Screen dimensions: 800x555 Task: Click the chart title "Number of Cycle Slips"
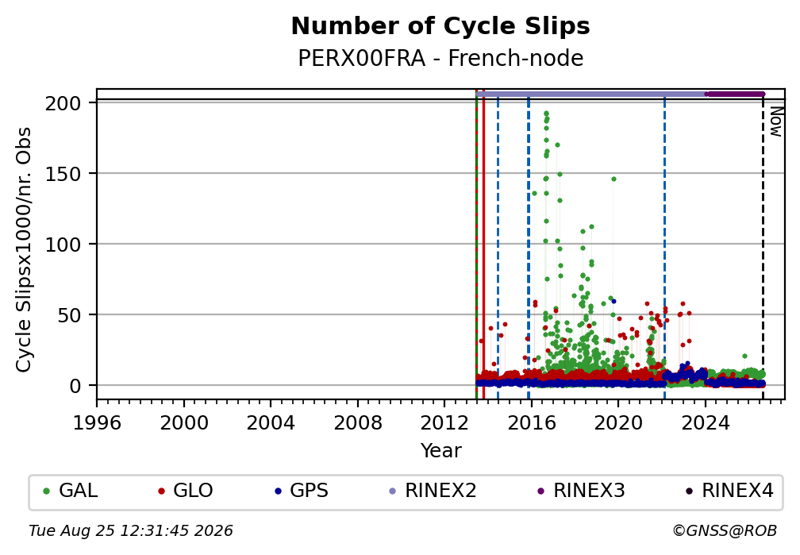[x=440, y=26]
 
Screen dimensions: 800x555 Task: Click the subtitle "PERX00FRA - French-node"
[x=440, y=58]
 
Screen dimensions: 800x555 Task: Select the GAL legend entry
[x=71, y=491]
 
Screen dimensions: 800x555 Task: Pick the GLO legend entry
[x=186, y=491]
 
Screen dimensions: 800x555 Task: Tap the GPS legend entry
[x=302, y=491]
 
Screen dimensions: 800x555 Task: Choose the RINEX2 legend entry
[x=433, y=491]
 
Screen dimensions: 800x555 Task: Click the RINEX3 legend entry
[x=581, y=491]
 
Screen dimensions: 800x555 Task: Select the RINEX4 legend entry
[x=729, y=491]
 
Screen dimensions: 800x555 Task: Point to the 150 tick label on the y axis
[x=63, y=174]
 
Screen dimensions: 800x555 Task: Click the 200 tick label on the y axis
[x=63, y=104]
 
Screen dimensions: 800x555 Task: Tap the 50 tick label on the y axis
[x=69, y=315]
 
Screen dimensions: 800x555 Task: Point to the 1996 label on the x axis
[x=97, y=422]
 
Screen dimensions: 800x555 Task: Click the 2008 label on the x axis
[x=358, y=422]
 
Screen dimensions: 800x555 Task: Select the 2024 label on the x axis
[x=705, y=422]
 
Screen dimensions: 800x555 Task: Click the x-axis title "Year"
[x=440, y=450]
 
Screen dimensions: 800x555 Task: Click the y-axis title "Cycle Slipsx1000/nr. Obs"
[x=24, y=249]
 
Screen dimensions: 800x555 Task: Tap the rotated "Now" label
[x=775, y=121]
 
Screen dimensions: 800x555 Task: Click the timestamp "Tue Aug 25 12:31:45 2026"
[x=131, y=531]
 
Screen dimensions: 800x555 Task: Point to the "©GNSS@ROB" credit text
[x=725, y=531]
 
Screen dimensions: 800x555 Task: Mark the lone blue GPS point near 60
[x=613, y=301]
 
